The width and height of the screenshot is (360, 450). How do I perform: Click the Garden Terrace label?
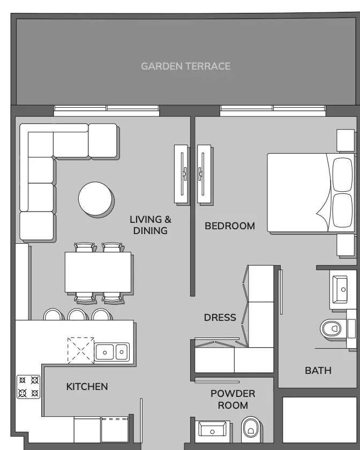(186, 66)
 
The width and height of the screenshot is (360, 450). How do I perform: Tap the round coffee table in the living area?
(95, 198)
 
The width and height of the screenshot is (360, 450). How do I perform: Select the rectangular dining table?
(98, 272)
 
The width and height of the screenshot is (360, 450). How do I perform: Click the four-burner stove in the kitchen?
(28, 387)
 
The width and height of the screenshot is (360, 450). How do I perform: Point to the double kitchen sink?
(111, 352)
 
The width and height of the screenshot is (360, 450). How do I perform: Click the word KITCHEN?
(87, 387)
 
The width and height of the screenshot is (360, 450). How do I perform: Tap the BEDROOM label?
(230, 226)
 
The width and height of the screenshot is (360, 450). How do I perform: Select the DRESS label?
(220, 317)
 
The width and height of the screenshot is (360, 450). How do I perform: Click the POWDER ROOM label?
(233, 399)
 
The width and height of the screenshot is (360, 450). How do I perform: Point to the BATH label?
(318, 371)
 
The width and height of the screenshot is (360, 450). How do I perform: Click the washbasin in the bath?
(340, 289)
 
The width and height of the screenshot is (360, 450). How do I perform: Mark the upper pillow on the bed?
(342, 175)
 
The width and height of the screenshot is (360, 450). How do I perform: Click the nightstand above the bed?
(346, 140)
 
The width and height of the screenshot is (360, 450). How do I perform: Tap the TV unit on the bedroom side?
(204, 174)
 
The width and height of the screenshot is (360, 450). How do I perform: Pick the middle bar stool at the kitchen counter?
(78, 314)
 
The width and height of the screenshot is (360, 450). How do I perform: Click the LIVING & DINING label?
(151, 225)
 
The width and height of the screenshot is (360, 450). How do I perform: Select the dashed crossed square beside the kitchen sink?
(81, 350)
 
